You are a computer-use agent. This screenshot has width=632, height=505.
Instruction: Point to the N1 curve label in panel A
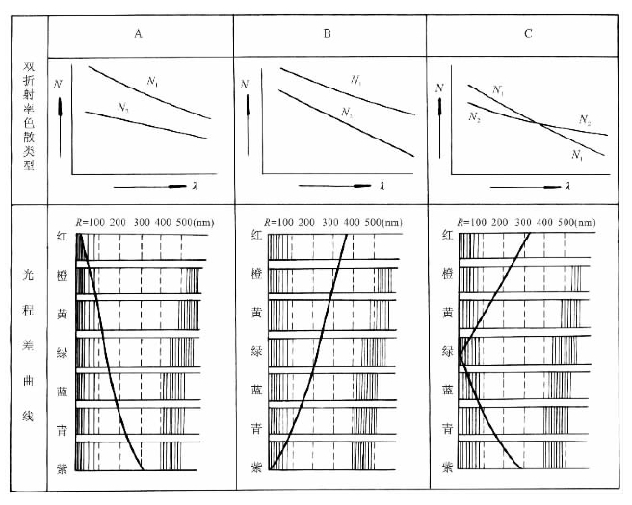coord(153,81)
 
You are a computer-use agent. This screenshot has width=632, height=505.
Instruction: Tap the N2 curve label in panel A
coord(123,109)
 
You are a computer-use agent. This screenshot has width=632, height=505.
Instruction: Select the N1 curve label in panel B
coord(357,82)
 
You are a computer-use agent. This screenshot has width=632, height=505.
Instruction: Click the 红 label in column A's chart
coord(63,235)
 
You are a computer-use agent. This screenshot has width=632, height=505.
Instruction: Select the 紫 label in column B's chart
coord(255,466)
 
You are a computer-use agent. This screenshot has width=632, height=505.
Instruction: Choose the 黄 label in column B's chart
coord(255,312)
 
